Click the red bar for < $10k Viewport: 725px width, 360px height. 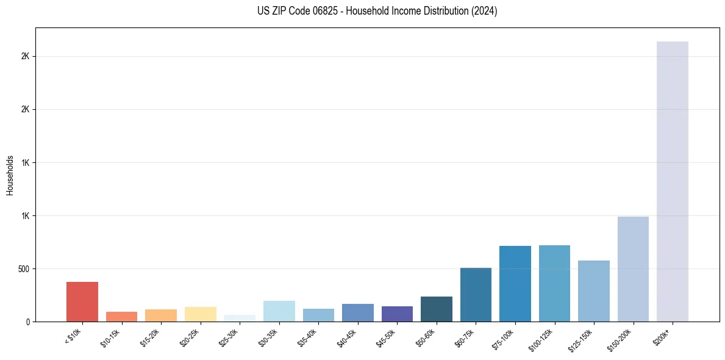pos(82,301)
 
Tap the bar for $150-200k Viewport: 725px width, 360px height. pos(633,269)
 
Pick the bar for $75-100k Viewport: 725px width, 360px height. pos(515,284)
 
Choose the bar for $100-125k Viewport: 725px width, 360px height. pos(554,283)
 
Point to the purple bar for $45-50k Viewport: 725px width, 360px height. pos(397,314)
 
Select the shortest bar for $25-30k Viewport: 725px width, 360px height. pos(240,319)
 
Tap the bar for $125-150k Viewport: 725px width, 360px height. pos(594,291)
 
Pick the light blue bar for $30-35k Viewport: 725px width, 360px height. pos(279,311)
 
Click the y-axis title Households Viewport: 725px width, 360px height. pos(10,175)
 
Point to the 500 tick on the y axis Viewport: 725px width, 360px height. pos(24,269)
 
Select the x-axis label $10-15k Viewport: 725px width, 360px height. pos(110,337)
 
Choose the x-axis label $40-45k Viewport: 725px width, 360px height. pos(346,337)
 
